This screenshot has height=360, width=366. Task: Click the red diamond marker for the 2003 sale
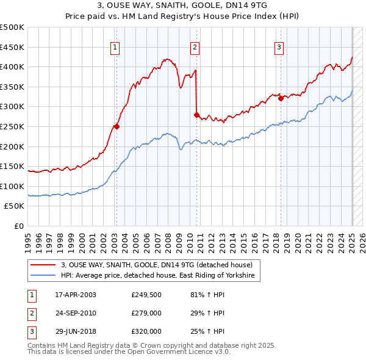(x=117, y=127)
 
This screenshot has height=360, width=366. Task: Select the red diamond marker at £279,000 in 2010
(x=196, y=115)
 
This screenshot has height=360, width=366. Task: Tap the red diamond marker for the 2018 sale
(x=281, y=98)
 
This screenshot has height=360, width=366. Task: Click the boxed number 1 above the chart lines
(x=115, y=48)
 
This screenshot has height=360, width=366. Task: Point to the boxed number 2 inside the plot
(x=195, y=48)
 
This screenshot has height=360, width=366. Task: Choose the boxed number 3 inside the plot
(x=279, y=48)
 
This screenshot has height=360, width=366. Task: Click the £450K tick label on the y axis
(x=12, y=48)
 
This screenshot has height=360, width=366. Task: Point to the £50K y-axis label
(x=14, y=206)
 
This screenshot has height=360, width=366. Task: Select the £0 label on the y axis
(x=19, y=226)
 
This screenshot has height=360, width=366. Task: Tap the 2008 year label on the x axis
(x=168, y=243)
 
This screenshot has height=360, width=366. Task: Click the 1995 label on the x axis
(x=28, y=243)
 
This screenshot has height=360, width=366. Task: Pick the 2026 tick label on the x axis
(x=362, y=243)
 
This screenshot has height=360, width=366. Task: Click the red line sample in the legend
(x=43, y=265)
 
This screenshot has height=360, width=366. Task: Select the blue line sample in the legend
(x=43, y=275)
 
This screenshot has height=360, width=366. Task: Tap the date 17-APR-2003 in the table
(x=76, y=295)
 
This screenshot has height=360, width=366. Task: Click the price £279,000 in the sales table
(x=146, y=313)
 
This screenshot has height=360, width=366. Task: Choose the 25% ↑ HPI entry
(x=207, y=331)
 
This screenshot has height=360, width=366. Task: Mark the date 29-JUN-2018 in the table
(x=76, y=331)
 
